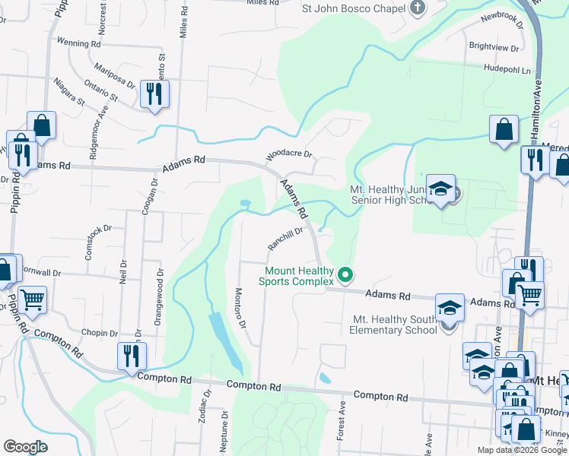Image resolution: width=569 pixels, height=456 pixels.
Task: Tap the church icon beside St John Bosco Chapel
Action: click(417, 8)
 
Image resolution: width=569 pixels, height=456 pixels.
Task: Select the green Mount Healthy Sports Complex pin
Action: click(346, 275)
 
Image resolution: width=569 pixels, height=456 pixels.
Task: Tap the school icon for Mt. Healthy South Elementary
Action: click(450, 308)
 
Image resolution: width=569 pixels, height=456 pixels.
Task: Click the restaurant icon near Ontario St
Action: click(154, 94)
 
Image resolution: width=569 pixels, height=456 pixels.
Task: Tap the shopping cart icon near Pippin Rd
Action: click(32, 299)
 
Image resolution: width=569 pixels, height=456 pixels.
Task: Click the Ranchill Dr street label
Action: click(286, 239)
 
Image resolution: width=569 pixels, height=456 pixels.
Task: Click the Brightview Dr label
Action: click(494, 47)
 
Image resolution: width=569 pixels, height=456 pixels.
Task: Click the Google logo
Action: click(25, 447)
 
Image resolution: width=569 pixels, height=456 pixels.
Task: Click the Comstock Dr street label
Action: click(98, 242)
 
